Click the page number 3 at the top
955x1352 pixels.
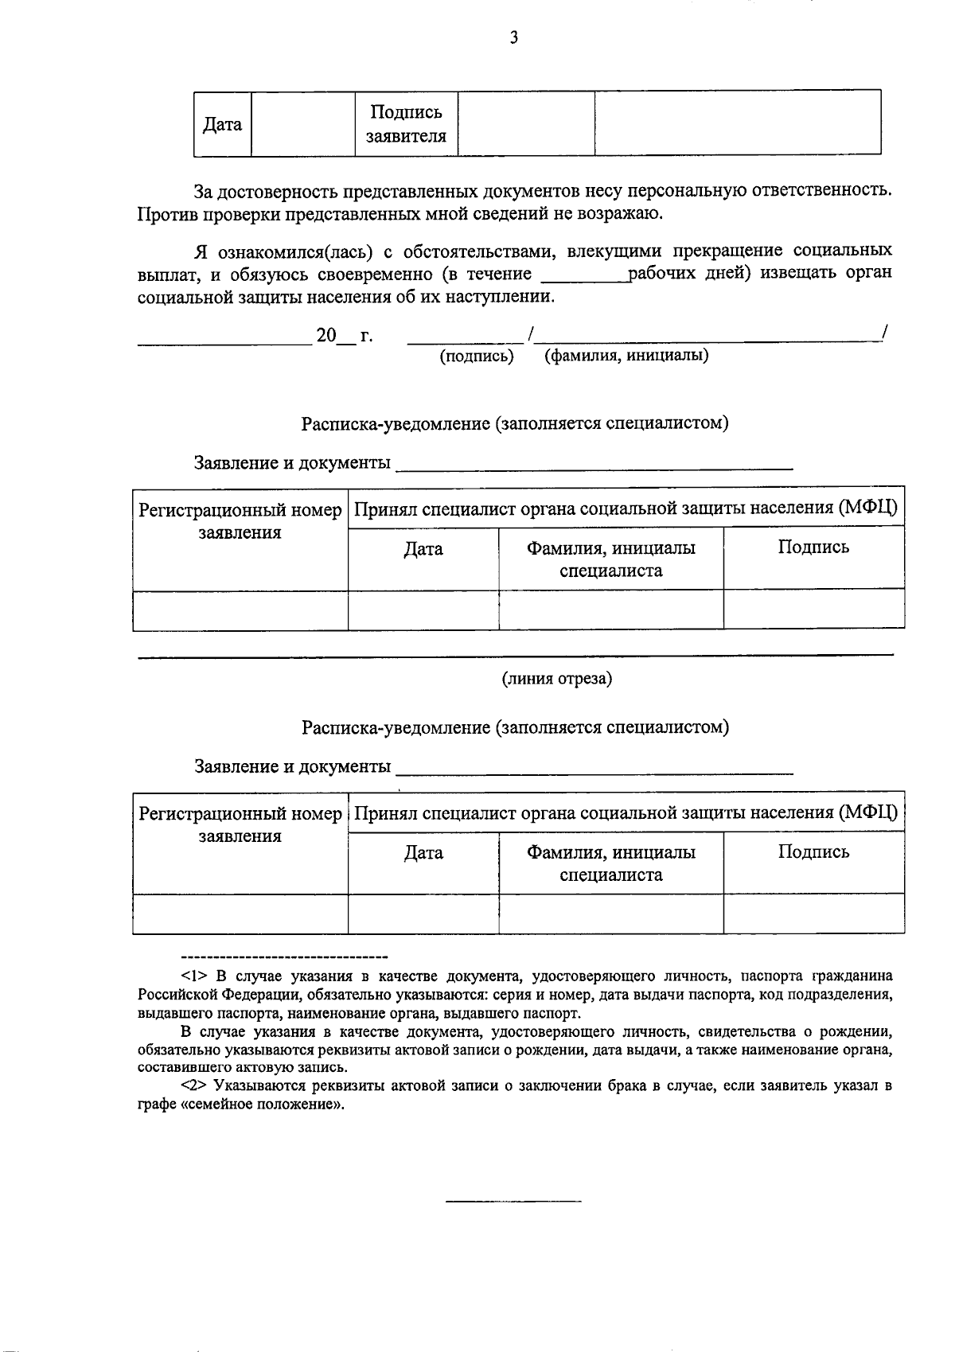514,37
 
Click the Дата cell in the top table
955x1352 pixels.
223,124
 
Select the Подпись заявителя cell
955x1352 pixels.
406,124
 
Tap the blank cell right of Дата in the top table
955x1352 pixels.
302,124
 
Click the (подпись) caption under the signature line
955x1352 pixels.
477,357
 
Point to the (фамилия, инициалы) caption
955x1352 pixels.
626,356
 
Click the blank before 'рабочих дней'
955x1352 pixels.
584,275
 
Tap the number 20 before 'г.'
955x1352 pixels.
326,336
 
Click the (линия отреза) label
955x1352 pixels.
556,679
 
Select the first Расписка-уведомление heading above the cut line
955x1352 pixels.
515,423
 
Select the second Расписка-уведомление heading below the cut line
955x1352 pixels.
515,727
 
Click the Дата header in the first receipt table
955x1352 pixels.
423,549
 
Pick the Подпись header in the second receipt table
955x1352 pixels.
813,852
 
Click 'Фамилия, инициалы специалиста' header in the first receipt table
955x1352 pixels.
610,559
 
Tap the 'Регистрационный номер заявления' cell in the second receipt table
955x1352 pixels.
240,824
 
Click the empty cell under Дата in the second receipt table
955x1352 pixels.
423,914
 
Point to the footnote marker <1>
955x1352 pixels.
195,976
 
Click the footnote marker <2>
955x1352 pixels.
195,1086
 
